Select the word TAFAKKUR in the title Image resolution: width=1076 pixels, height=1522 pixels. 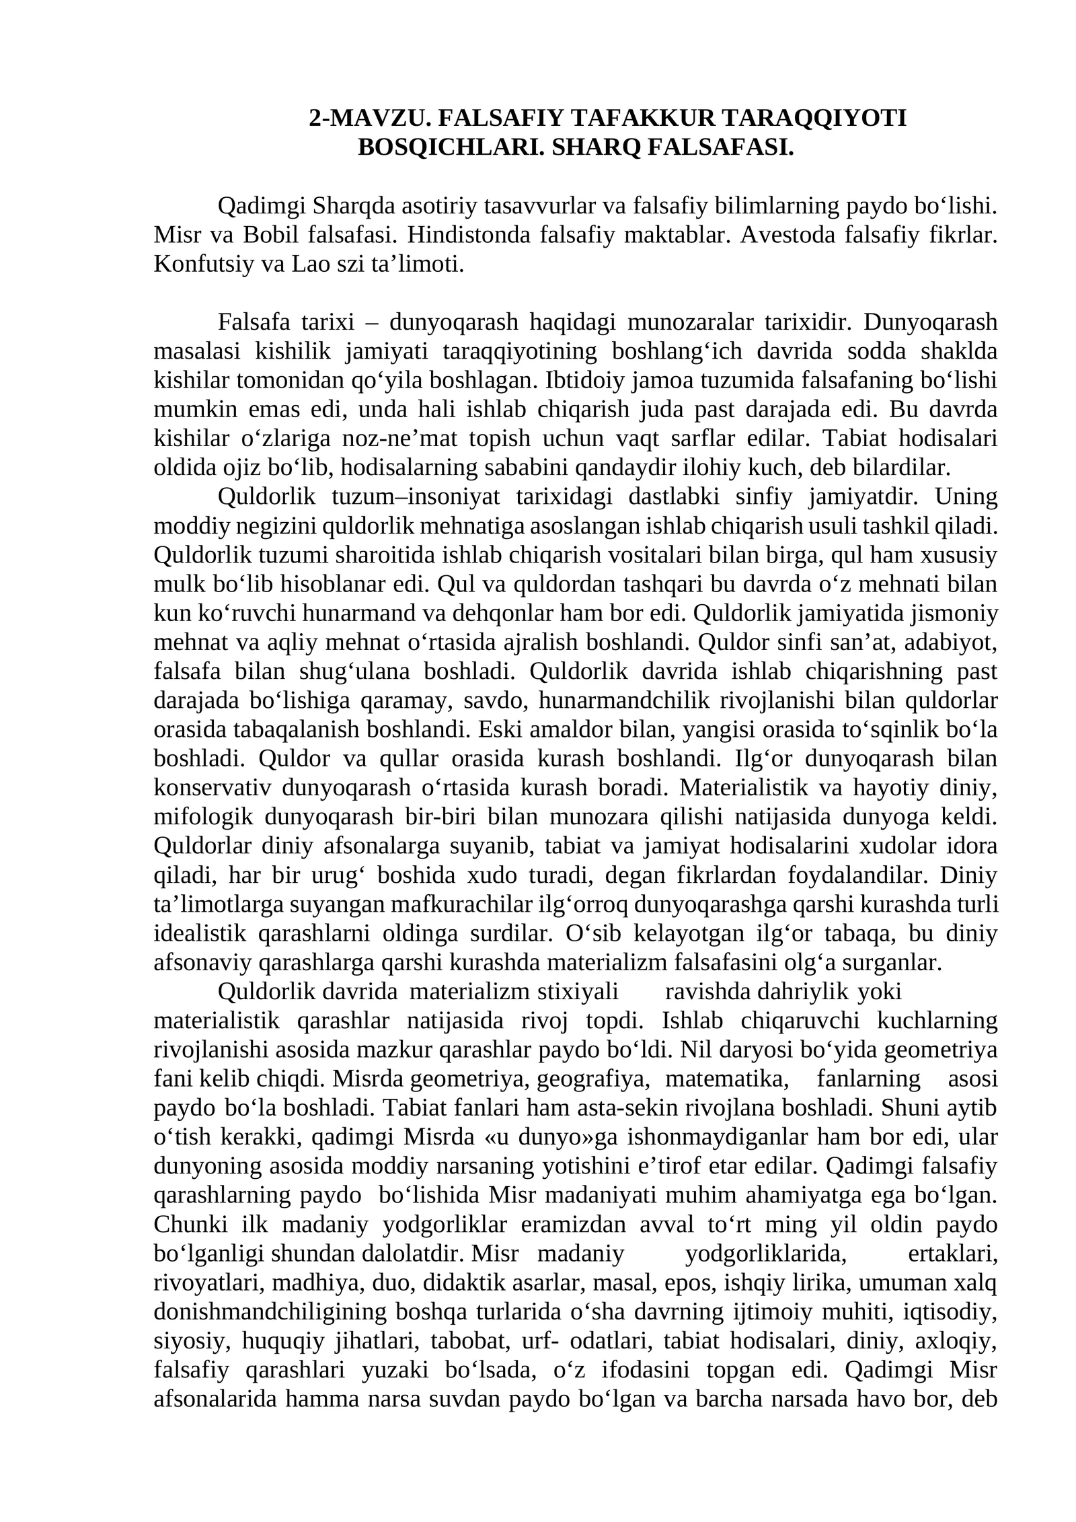click(640, 118)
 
